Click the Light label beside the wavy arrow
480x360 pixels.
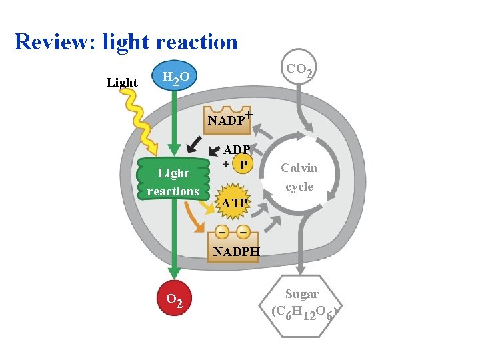[x=122, y=83]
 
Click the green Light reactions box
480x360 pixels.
[x=173, y=181]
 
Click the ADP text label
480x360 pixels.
[x=237, y=150]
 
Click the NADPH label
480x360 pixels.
[x=236, y=252]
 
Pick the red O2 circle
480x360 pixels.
[x=175, y=299]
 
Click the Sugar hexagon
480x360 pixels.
[x=302, y=302]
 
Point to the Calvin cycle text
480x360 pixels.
[x=299, y=177]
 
